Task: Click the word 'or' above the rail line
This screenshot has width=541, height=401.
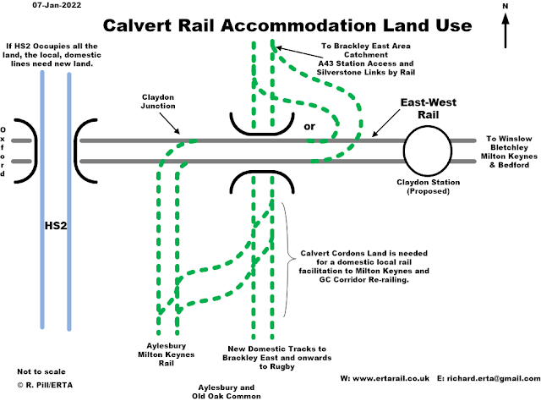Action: point(309,127)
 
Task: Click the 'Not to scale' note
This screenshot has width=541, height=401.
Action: point(38,371)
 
